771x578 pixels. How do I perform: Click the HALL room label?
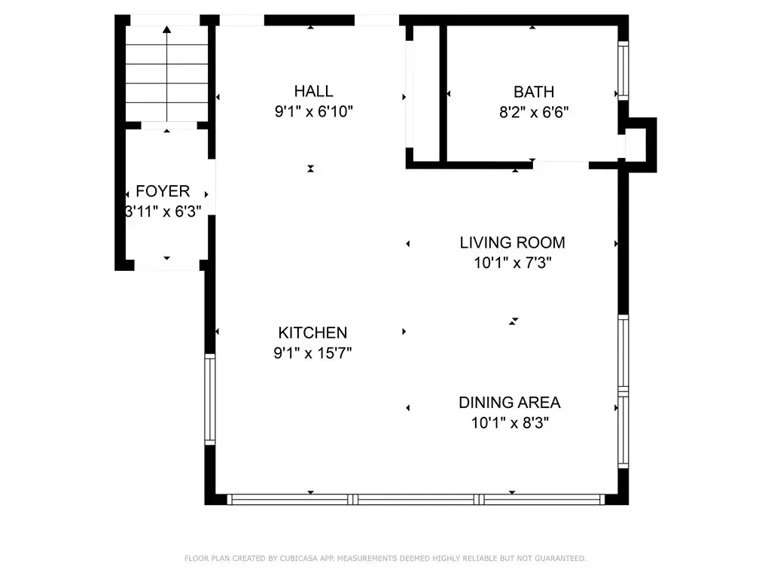coord(314,91)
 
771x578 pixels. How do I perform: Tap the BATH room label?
coord(534,92)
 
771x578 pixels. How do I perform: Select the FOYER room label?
coord(163,191)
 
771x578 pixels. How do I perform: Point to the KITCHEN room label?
coord(312,333)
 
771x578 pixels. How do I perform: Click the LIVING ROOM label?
coord(512,242)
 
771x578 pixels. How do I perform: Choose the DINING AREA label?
coord(510,403)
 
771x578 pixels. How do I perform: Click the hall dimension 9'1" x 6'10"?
coord(314,111)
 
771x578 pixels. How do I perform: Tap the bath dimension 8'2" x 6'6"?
coord(534,113)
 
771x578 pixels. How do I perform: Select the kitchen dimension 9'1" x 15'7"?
coord(312,353)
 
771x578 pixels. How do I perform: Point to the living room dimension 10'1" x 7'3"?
coord(512,263)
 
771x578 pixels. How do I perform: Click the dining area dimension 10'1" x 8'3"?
coord(510,423)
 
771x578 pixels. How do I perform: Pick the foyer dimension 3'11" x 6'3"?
coord(163,211)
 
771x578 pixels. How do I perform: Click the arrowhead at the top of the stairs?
coord(167,29)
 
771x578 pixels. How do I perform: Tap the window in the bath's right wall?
coord(623,71)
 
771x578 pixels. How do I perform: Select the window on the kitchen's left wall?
coord(210,399)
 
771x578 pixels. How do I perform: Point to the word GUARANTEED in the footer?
coord(560,558)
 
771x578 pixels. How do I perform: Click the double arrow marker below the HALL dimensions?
coord(311,169)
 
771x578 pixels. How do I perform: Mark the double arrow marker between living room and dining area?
coord(513,321)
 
